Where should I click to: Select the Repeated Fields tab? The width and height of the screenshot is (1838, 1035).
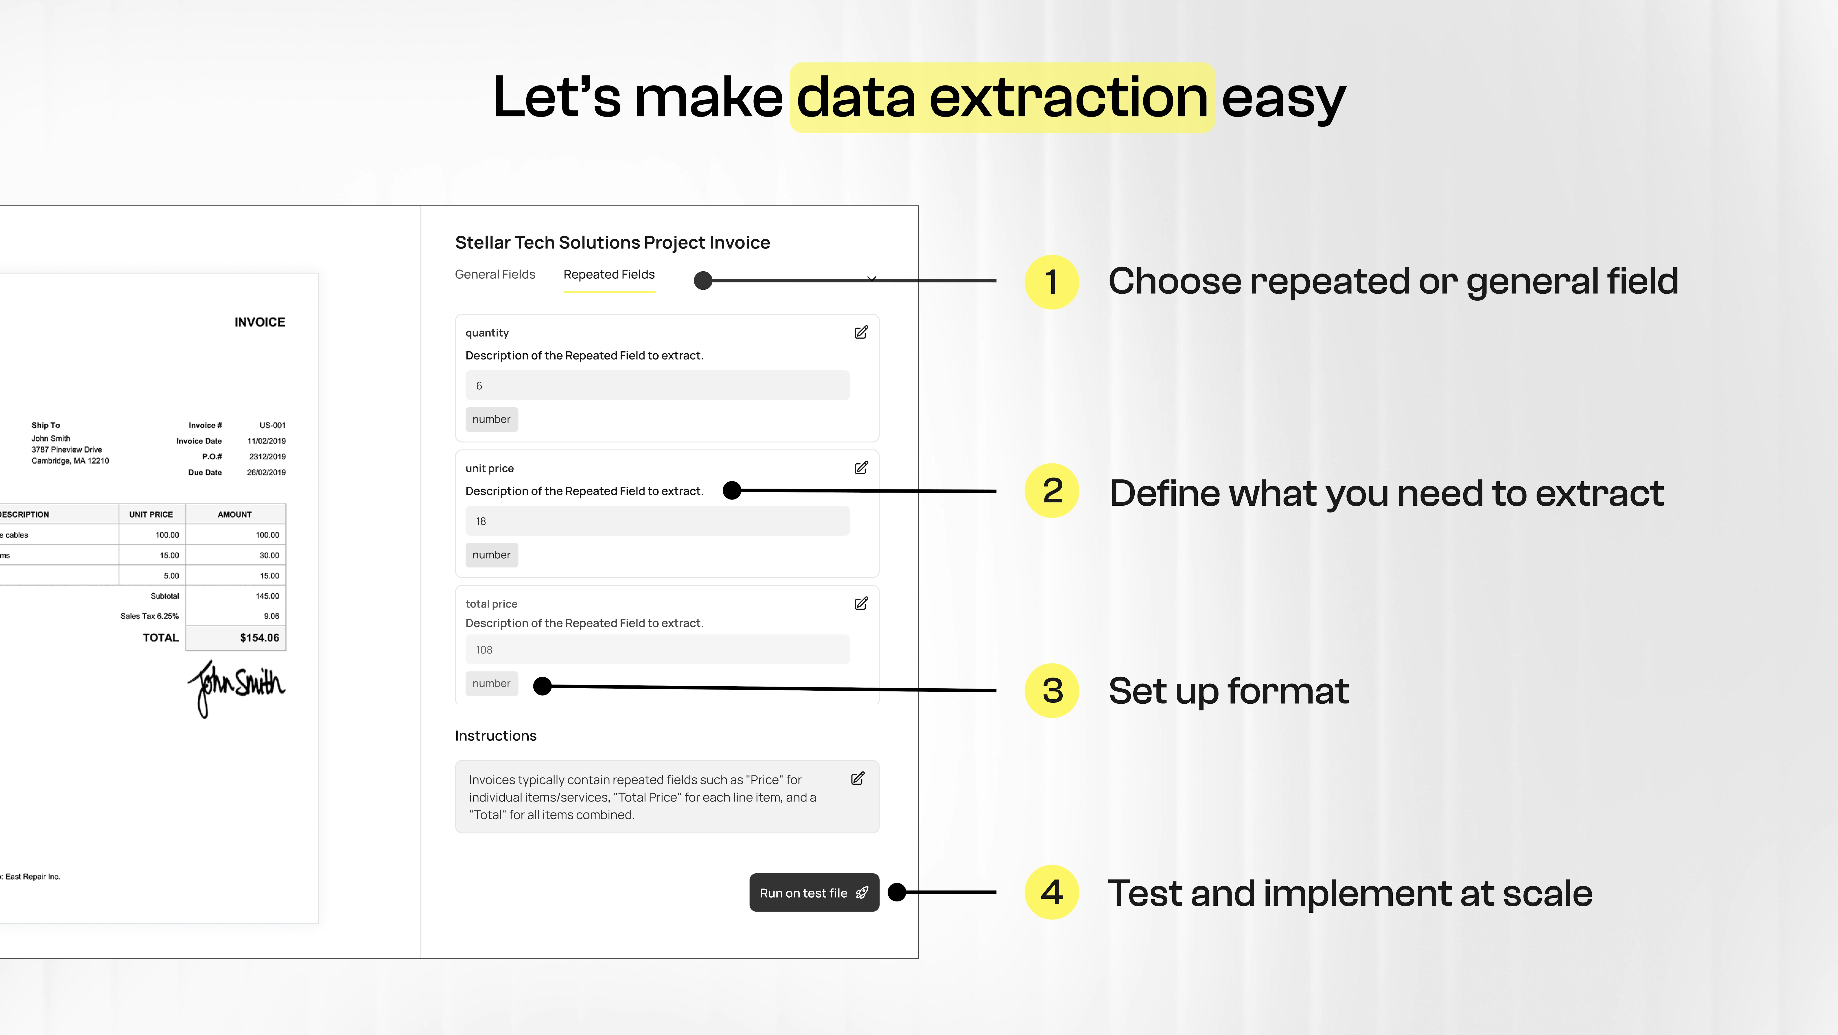(609, 274)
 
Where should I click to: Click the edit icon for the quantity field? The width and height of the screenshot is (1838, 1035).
(861, 332)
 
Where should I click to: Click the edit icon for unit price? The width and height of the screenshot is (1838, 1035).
(861, 467)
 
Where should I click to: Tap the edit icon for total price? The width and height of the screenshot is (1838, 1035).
(861, 603)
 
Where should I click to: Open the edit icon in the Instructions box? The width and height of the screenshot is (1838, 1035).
(858, 778)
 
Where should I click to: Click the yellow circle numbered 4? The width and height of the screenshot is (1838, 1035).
(1052, 892)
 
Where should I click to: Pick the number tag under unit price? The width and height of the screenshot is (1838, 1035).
(492, 555)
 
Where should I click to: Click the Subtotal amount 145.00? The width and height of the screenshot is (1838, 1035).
(268, 596)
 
